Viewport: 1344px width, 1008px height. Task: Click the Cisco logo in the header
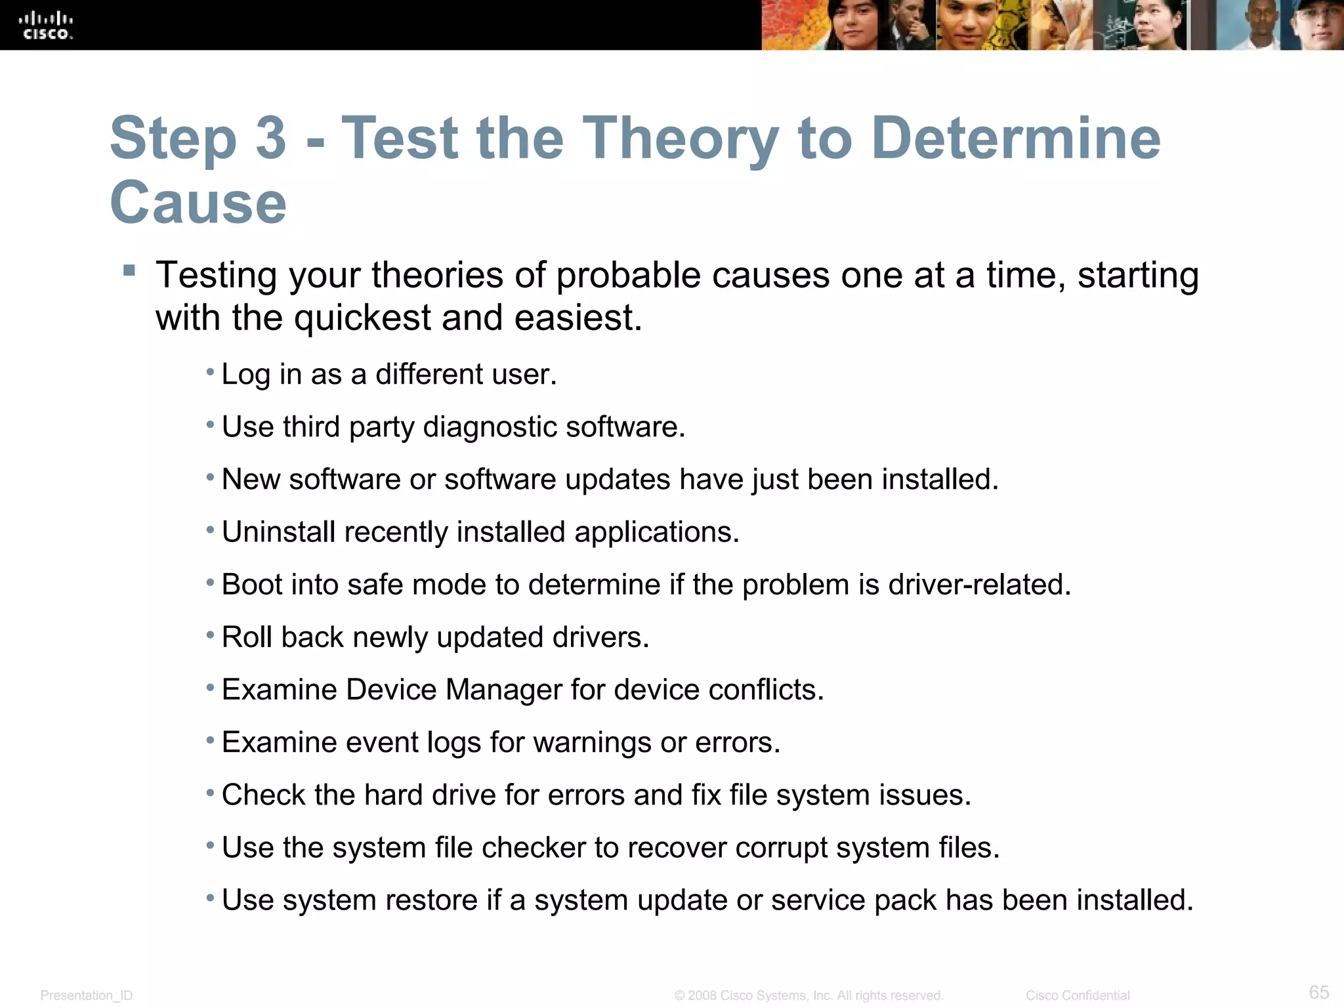[46, 26]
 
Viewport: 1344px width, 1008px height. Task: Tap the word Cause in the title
[198, 203]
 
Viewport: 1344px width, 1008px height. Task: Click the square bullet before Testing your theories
[129, 270]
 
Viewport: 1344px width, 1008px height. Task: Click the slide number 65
[1318, 992]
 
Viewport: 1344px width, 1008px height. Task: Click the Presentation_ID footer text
[87, 996]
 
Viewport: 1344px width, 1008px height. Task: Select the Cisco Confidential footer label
[1077, 996]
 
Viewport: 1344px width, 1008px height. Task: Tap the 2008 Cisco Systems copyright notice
[808, 996]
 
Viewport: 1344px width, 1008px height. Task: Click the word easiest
[577, 318]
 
